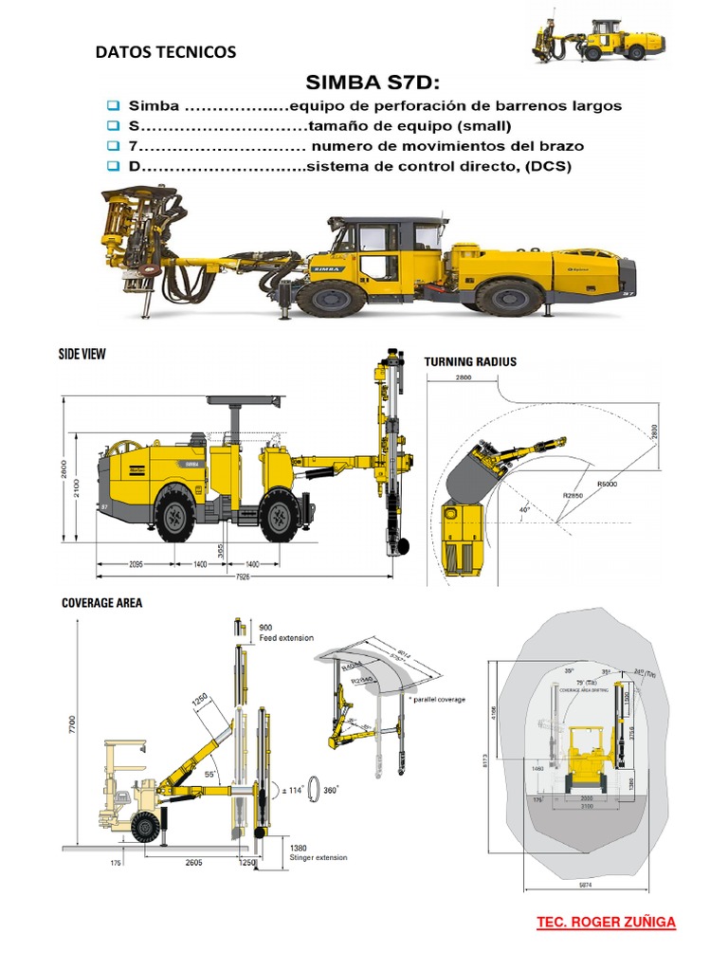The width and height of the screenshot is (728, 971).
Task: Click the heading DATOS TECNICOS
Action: [166, 52]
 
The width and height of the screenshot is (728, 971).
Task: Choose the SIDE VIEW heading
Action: [83, 354]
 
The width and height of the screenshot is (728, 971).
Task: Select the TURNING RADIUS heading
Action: [470, 362]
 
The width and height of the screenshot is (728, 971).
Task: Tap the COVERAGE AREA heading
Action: [101, 602]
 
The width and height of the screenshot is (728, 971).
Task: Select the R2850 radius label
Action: [572, 495]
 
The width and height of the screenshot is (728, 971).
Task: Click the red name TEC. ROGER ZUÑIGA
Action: [607, 922]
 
